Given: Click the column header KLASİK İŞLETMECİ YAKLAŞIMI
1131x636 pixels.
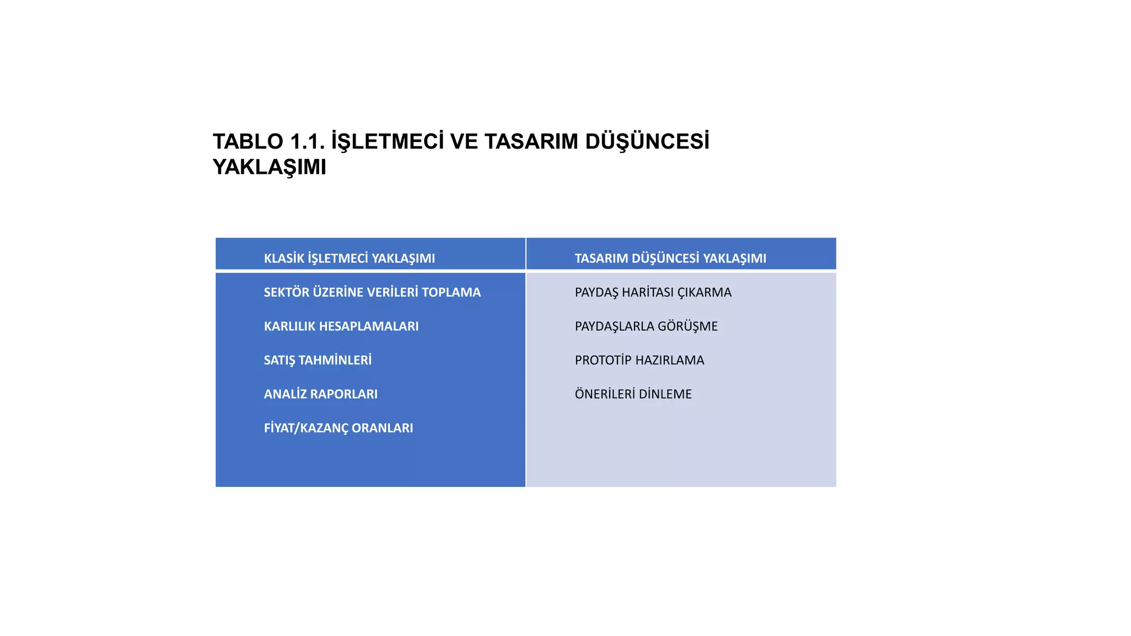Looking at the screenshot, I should pos(349,258).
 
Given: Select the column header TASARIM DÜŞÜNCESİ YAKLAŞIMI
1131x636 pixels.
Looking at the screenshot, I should pos(670,258).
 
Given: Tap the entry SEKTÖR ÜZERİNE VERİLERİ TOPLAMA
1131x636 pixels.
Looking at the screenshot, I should pos(372,293).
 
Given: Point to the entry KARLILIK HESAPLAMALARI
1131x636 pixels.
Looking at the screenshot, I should pos(341,326).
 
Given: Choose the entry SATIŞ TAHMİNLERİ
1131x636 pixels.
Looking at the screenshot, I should pos(318,361).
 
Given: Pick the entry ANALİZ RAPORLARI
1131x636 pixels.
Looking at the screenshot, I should pos(320,394).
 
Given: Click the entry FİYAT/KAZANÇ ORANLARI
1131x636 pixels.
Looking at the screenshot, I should pos(338,428).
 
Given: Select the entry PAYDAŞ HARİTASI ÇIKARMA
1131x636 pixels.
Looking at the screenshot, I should pos(653,293).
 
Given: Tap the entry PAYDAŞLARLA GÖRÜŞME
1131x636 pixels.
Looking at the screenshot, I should pos(646,326).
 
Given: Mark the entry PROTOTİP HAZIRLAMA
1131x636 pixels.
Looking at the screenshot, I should pos(639,361).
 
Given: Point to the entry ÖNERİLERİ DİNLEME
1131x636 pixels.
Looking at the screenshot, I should pos(633,394).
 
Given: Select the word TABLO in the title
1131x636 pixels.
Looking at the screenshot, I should pos(248,142).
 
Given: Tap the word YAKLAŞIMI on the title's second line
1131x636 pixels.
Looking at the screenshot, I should pos(269,167).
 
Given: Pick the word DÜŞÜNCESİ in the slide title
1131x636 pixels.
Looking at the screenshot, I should pos(647,142).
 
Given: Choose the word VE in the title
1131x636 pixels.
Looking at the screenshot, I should pos(464,142).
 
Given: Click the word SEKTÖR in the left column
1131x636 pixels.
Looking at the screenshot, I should pos(286,293).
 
